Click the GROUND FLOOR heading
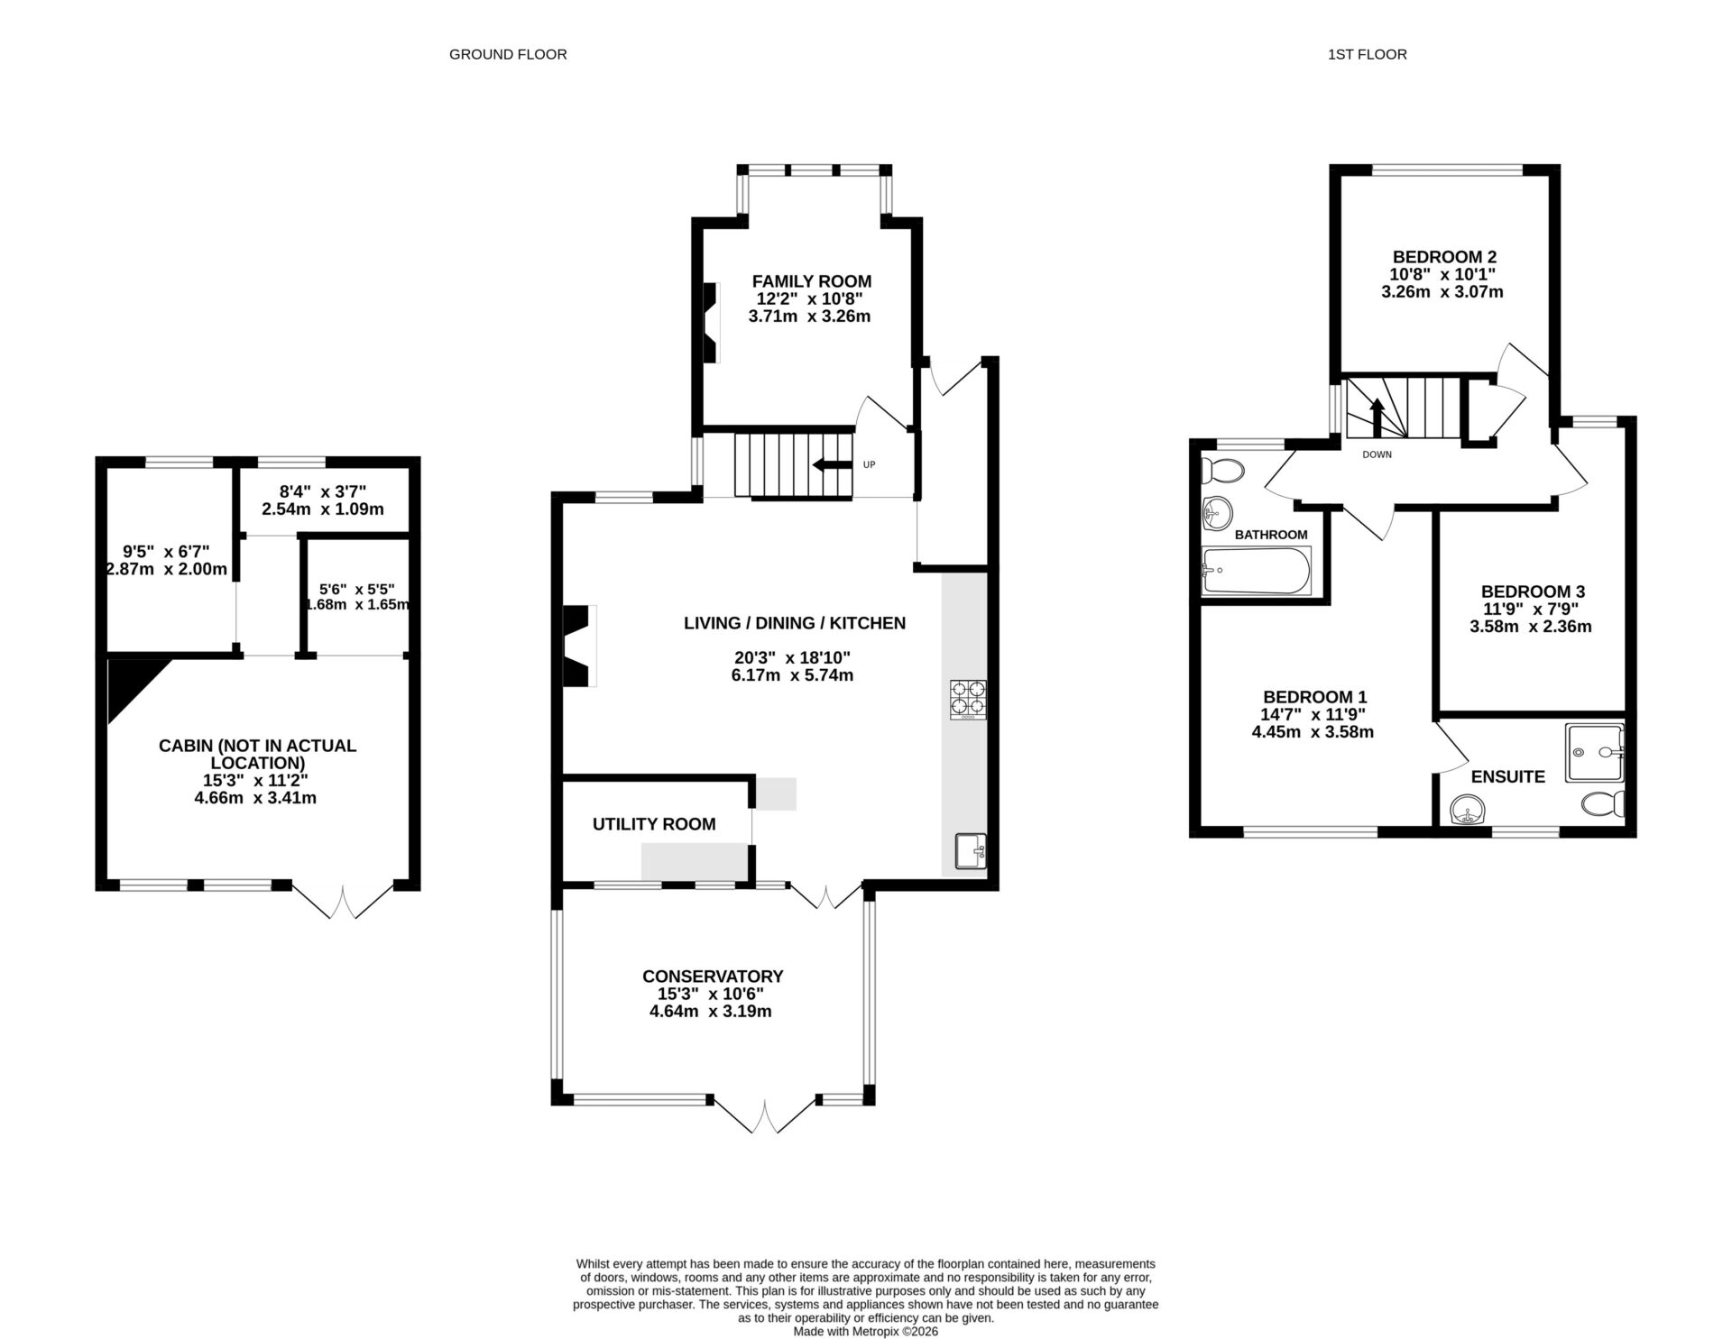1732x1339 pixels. coord(508,54)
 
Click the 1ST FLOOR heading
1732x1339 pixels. coord(1367,54)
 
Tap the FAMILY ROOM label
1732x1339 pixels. coord(812,281)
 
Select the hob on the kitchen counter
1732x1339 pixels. coord(967,700)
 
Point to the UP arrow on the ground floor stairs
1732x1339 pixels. coord(832,465)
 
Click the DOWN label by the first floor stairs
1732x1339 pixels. coord(1377,454)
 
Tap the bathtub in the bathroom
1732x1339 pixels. coord(1257,570)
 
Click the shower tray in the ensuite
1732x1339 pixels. coord(1595,752)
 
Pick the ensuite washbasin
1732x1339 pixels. coord(1469,810)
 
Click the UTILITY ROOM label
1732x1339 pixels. coord(654,824)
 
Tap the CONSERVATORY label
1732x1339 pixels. coord(713,977)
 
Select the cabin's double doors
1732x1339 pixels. coord(344,902)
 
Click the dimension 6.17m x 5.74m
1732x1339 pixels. coord(792,675)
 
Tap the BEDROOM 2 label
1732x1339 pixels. coord(1444,257)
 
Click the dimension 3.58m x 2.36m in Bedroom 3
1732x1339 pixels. coord(1531,627)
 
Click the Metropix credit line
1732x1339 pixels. coord(865,1331)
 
